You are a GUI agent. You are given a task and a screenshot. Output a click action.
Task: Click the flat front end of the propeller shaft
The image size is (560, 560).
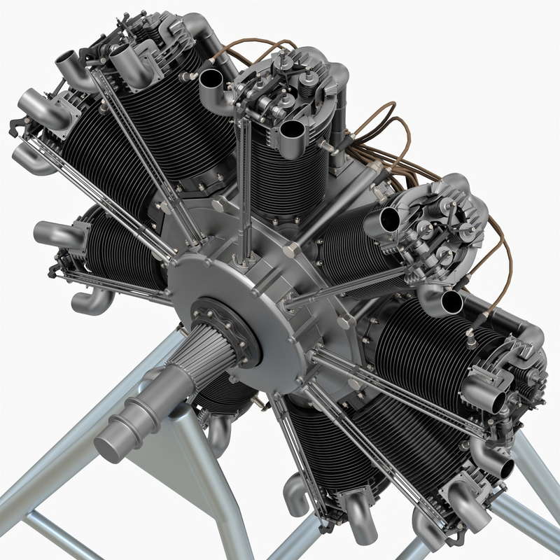click(110, 443)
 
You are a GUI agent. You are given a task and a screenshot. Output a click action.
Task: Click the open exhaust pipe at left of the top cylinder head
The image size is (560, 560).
click(211, 84)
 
